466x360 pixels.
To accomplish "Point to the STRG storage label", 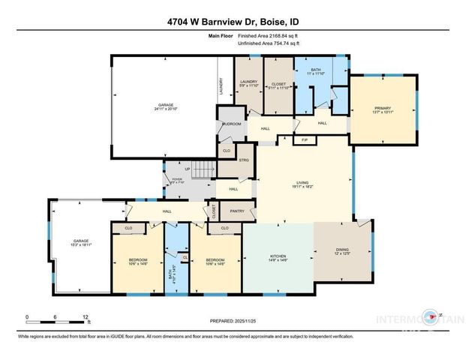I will [x=243, y=159].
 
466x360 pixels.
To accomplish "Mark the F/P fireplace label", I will [x=305, y=141].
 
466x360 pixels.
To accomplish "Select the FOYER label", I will [x=177, y=180].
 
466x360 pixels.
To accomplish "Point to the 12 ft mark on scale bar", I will [x=87, y=317].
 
